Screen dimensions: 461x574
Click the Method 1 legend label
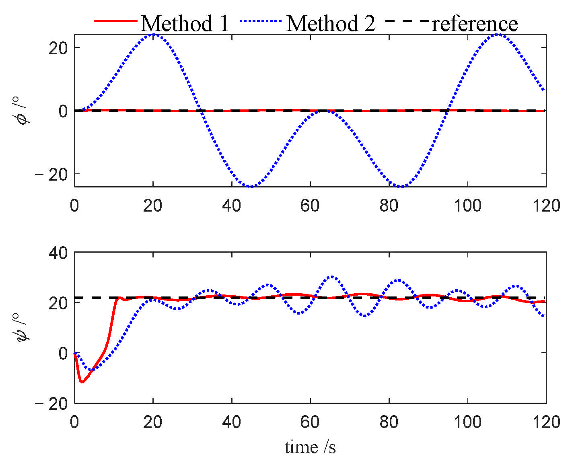tap(185, 23)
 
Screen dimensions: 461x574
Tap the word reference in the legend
tap(475, 24)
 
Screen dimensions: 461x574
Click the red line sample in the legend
tap(115, 20)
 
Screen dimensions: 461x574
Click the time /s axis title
tap(310, 447)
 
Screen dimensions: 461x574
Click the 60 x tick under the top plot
tap(310, 206)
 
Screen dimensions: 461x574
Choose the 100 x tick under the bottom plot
tap(467, 422)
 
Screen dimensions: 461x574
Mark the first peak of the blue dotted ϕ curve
tap(153, 34)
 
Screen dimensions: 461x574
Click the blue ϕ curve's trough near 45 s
tap(251, 186)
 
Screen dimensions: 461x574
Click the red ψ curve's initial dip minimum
tap(82, 382)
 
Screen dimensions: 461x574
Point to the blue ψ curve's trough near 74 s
tap(365, 316)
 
